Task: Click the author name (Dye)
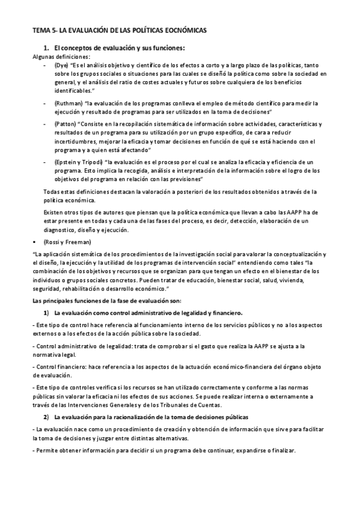[62, 64]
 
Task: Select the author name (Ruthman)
[68, 103]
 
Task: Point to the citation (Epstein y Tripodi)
[78, 162]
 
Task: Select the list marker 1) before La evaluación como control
[46, 313]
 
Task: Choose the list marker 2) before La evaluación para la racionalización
[46, 417]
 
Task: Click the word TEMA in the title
[41, 29]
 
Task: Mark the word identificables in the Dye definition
[75, 90]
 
